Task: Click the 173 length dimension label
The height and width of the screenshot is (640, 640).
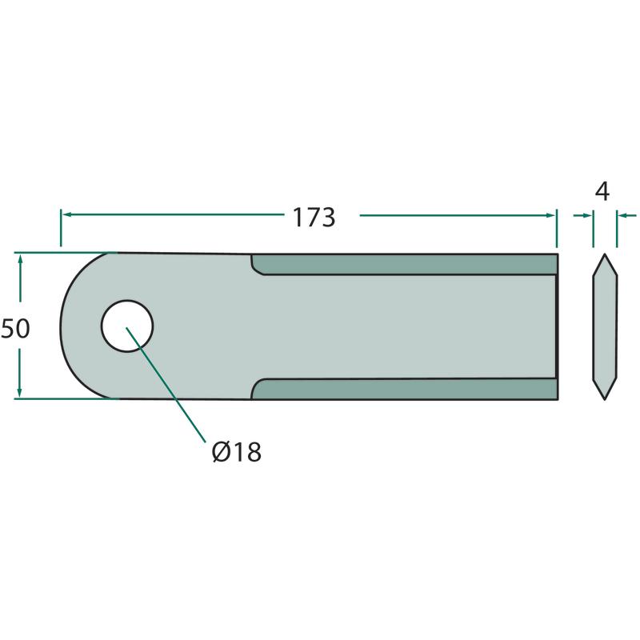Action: click(314, 218)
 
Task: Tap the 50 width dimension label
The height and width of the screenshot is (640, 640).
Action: click(15, 329)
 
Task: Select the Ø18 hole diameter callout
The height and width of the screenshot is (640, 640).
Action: click(237, 452)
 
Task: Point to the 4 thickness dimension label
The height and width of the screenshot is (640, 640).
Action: click(602, 192)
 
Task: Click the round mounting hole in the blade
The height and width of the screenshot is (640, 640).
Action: click(127, 326)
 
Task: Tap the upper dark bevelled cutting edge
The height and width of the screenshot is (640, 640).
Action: click(404, 264)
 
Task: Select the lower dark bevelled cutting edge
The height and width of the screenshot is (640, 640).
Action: click(404, 389)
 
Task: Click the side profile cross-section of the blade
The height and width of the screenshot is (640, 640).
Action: click(605, 326)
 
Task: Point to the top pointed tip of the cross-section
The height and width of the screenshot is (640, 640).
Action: click(605, 254)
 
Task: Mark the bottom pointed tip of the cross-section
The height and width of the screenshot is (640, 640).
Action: click(605, 400)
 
